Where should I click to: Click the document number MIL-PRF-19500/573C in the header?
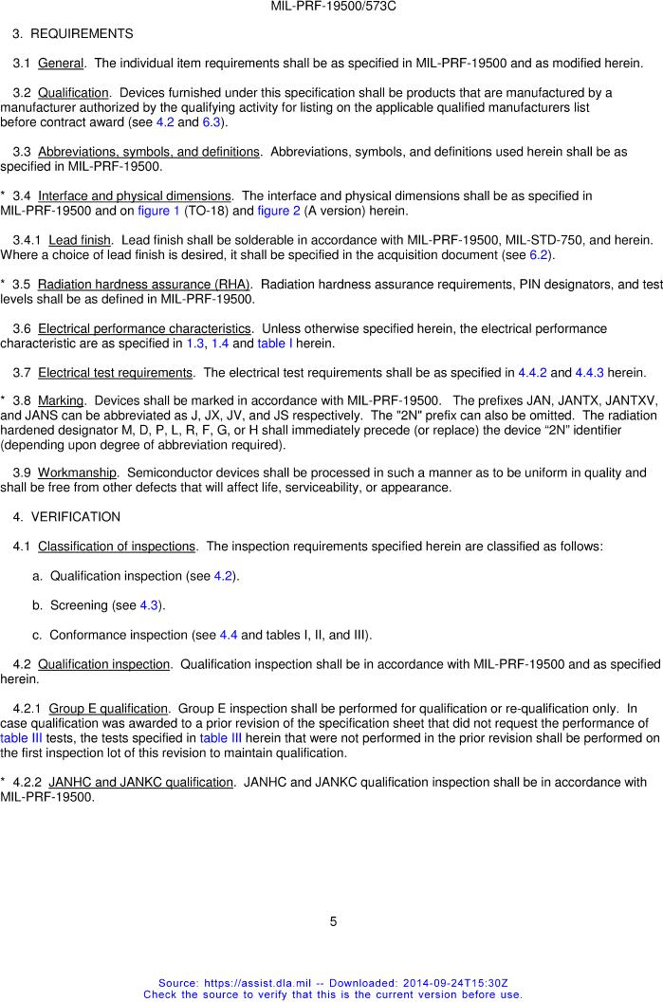[x=332, y=6]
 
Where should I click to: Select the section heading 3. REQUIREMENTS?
[x=72, y=34]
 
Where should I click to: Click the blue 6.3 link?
[x=212, y=122]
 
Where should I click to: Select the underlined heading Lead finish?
[x=80, y=241]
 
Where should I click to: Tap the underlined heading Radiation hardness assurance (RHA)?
[x=144, y=285]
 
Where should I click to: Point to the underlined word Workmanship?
[x=77, y=473]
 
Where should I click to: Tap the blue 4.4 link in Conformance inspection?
[x=229, y=635]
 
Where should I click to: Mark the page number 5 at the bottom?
[x=333, y=921]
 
